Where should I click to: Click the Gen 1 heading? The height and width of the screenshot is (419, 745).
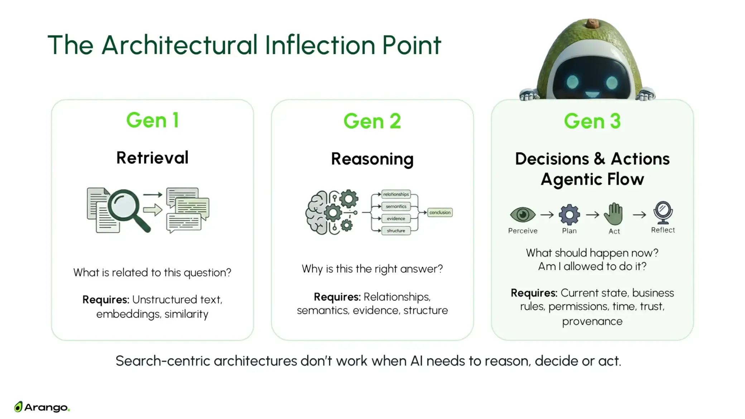click(x=153, y=120)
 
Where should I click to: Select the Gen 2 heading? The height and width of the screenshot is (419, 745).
click(x=372, y=121)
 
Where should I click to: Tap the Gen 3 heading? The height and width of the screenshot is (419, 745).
click(x=592, y=121)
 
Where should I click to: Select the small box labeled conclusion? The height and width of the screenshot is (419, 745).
click(x=440, y=212)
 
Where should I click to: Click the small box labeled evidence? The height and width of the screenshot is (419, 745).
click(x=396, y=218)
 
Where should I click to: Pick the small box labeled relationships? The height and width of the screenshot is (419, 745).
click(x=396, y=194)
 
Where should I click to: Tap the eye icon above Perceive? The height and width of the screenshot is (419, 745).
click(x=523, y=215)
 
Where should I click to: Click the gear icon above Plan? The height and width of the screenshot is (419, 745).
click(x=569, y=215)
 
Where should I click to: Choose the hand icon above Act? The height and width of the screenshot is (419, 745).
click(x=613, y=214)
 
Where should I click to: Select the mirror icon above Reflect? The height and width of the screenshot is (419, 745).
click(x=663, y=212)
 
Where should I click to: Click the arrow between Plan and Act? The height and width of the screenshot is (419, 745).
click(x=592, y=215)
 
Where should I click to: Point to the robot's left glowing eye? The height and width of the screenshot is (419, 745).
click(x=572, y=82)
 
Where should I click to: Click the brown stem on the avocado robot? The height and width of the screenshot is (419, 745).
click(x=592, y=24)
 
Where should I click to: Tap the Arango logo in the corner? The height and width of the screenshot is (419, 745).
click(x=42, y=407)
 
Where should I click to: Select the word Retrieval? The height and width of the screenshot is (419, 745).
click(x=152, y=158)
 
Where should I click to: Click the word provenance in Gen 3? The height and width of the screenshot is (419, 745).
click(x=592, y=322)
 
